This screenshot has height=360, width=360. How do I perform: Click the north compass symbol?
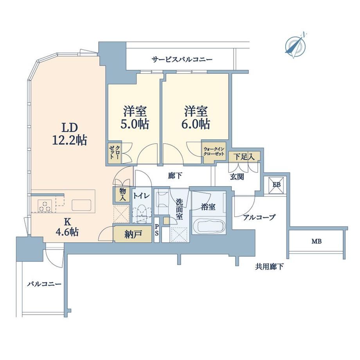[x=295, y=45]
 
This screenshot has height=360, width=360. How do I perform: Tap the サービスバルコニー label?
[x=182, y=60]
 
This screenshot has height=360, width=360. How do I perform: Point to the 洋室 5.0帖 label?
[x=135, y=117]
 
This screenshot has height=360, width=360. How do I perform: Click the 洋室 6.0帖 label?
[x=196, y=117]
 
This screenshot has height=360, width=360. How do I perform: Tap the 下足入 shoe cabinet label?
[x=244, y=157]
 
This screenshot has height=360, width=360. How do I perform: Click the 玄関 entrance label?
[x=237, y=177]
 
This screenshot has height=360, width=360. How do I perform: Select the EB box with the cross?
[x=275, y=185]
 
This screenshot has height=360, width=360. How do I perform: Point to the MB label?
[x=317, y=241]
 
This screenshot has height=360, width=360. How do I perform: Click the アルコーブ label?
[x=259, y=217]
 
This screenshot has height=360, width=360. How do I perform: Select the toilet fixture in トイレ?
[x=142, y=214]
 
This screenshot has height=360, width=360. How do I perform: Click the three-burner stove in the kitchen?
[x=45, y=206]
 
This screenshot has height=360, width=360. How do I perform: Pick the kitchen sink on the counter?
[x=81, y=205]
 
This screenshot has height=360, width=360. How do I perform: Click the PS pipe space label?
[x=157, y=230]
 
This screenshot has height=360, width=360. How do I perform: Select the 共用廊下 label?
[x=269, y=267]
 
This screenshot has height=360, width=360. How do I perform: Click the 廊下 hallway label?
[x=175, y=176]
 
